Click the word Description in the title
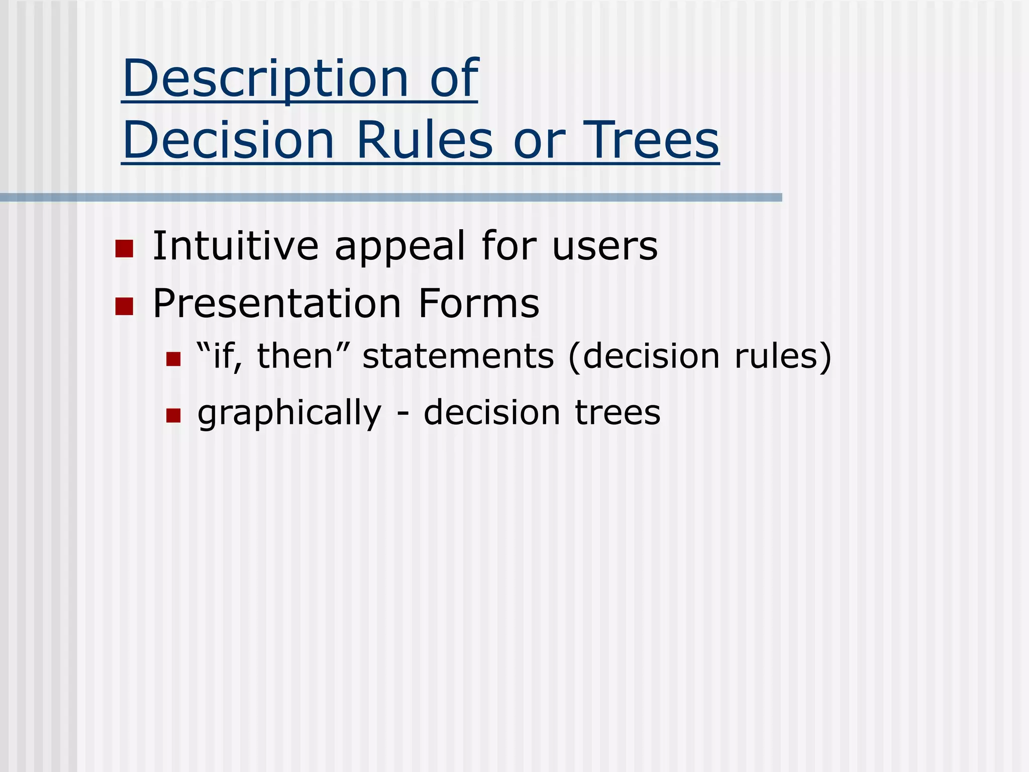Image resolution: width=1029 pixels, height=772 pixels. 265,79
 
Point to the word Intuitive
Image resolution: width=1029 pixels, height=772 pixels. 235,246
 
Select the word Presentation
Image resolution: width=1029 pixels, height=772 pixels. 277,304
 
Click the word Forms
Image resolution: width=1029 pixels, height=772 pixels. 478,304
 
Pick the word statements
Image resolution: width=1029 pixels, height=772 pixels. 458,356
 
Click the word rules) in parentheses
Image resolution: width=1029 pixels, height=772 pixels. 783,357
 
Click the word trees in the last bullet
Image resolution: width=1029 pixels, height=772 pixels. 618,413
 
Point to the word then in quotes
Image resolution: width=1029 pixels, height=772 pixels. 295,356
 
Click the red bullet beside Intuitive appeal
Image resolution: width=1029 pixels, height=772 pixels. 124,249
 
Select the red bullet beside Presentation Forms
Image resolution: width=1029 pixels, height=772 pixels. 124,306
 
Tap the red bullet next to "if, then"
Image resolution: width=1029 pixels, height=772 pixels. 173,359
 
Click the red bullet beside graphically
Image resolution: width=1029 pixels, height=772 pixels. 173,416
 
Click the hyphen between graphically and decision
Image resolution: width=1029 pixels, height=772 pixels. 402,415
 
